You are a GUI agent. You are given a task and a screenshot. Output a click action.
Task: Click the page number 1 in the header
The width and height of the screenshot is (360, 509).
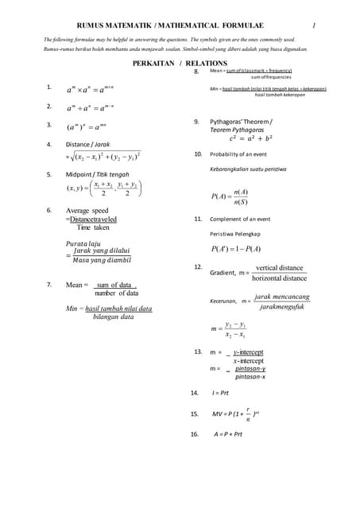point(314,26)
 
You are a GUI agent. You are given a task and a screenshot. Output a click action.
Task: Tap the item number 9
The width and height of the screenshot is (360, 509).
point(195,122)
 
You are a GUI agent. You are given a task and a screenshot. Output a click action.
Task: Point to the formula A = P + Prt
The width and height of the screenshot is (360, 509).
point(227,434)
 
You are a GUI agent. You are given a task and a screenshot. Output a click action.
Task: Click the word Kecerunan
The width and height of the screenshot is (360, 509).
point(223,301)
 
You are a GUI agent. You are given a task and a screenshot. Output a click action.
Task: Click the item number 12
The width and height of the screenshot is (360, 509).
point(198,267)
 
